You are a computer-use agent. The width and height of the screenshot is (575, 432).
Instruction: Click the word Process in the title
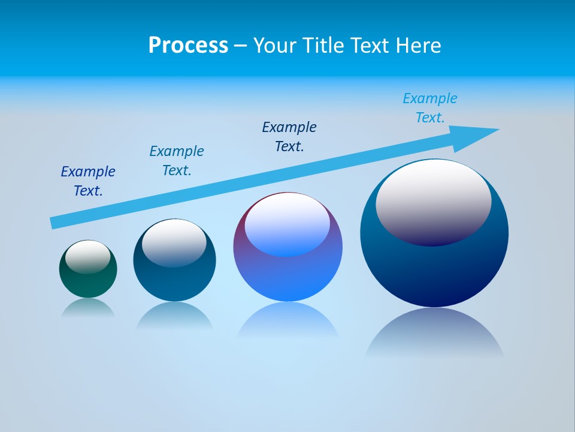pyautogui.click(x=188, y=46)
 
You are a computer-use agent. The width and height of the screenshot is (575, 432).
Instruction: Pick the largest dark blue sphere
pyautogui.click(x=434, y=270)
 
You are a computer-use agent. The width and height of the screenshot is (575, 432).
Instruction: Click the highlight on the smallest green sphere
pyautogui.click(x=88, y=256)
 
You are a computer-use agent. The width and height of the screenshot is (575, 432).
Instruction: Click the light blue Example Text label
pyautogui.click(x=430, y=108)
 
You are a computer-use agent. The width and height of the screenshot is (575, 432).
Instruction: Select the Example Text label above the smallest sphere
pyautogui.click(x=88, y=181)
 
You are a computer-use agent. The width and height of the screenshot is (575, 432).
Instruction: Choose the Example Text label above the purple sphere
pyautogui.click(x=289, y=137)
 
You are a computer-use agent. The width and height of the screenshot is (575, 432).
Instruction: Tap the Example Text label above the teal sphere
pyautogui.click(x=177, y=161)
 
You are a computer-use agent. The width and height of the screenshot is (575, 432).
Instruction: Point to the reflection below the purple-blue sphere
pyautogui.click(x=287, y=321)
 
